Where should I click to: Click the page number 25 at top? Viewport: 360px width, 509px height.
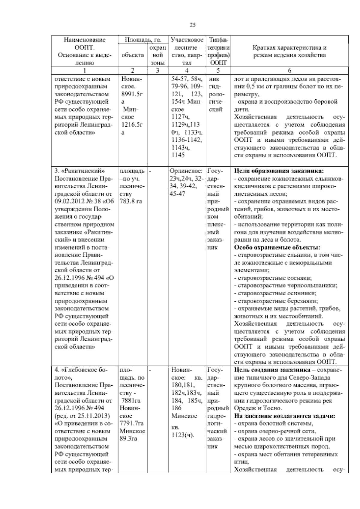[x=192, y=25]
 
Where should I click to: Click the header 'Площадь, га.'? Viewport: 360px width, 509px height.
[x=143, y=40]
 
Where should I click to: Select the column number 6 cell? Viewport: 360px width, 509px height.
[x=289, y=71]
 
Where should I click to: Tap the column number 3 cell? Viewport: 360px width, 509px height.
[x=157, y=71]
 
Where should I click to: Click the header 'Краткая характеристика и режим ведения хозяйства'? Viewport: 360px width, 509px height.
[x=289, y=51]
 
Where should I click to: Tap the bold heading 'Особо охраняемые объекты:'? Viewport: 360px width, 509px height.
[x=277, y=248]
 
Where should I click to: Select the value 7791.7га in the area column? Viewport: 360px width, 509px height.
[x=131, y=423]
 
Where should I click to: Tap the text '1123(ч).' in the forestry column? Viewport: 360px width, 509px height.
[x=183, y=435]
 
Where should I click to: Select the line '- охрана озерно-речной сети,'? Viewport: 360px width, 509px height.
[x=275, y=431]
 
